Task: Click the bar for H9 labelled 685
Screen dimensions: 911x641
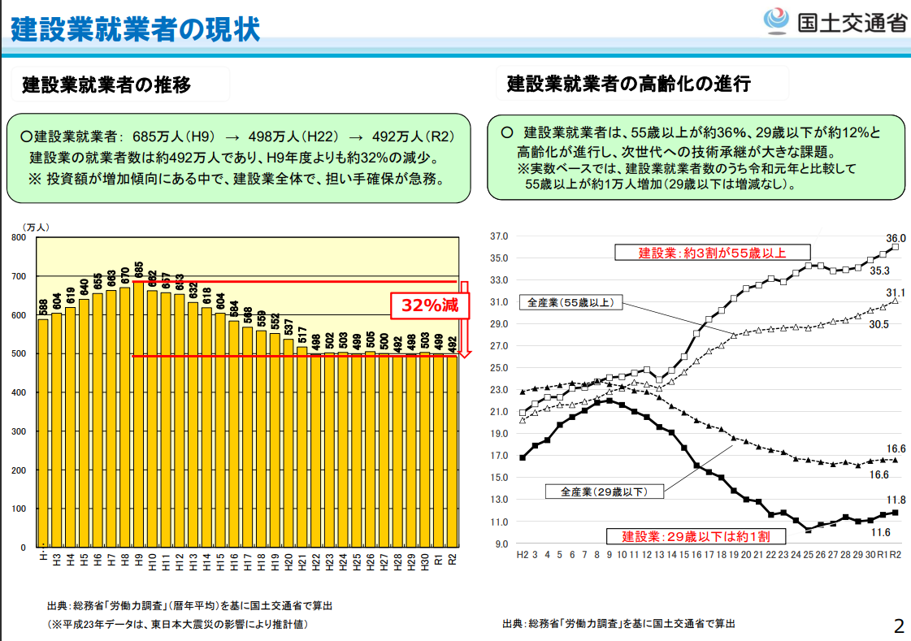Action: [138, 414]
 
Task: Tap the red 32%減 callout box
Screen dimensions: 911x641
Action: [430, 305]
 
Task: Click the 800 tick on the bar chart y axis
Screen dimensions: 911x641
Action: [19, 237]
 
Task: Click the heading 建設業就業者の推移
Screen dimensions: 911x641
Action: [107, 84]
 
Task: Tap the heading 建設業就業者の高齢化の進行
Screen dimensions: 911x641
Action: [629, 84]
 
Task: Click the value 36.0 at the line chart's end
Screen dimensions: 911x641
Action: [896, 238]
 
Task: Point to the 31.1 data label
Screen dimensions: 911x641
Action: [896, 292]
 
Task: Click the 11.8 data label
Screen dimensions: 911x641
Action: [896, 500]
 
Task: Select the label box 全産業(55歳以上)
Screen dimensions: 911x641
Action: [570, 302]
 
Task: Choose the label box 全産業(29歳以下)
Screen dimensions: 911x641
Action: [605, 492]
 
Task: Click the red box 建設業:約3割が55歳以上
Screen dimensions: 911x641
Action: [712, 253]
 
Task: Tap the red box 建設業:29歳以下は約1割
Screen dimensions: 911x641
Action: [696, 536]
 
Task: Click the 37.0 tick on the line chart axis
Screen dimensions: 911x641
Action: [498, 236]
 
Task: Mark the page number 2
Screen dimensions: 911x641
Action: [899, 626]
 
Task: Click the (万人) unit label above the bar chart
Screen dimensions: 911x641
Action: [36, 227]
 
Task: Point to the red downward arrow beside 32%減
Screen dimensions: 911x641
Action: [464, 319]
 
